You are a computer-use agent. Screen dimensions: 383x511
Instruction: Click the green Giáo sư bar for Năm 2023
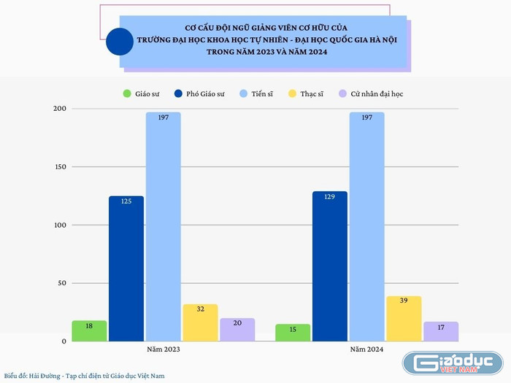(x=89, y=330)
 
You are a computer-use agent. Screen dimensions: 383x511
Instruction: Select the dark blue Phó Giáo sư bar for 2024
(x=330, y=266)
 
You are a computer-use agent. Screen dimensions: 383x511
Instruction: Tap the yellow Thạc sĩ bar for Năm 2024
(x=404, y=319)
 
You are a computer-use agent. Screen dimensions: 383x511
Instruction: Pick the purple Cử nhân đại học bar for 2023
(x=237, y=330)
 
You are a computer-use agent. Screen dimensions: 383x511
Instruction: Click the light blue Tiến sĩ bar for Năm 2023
(x=163, y=226)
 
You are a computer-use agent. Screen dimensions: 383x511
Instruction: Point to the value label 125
(x=126, y=201)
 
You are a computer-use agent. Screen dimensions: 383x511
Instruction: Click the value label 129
(x=330, y=197)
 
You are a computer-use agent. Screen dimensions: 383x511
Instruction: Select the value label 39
(x=404, y=301)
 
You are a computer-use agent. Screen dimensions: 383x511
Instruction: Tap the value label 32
(x=200, y=309)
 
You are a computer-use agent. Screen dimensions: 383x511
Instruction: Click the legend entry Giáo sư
(x=142, y=93)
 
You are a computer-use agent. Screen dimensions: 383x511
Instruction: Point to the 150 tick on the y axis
(x=60, y=167)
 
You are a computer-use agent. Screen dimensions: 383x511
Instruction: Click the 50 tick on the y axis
(x=62, y=283)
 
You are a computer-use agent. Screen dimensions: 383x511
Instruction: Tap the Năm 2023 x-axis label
(x=163, y=350)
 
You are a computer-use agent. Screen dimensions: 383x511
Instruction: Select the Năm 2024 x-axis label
(x=366, y=350)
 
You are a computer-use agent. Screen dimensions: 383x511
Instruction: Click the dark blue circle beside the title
(x=120, y=42)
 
